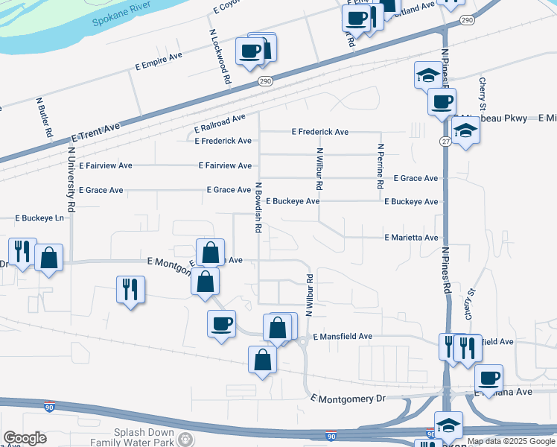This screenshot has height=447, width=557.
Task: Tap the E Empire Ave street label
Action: point(159,61)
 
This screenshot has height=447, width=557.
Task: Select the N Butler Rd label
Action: point(43,116)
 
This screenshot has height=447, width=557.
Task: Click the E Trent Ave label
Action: point(95,133)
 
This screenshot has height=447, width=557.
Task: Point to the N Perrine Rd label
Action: point(380,165)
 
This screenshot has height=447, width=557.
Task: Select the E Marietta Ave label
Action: point(411,238)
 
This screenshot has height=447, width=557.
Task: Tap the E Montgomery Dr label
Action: point(348,399)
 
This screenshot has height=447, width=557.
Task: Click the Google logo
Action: point(25,438)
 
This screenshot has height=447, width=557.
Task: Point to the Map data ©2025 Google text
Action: point(511,441)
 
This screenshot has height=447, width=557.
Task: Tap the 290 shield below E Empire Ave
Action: point(265,80)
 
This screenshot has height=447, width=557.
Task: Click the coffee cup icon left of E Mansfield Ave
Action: point(221,324)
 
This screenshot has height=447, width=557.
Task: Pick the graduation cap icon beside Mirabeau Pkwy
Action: point(465,130)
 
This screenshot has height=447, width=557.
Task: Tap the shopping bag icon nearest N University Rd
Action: point(48,258)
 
